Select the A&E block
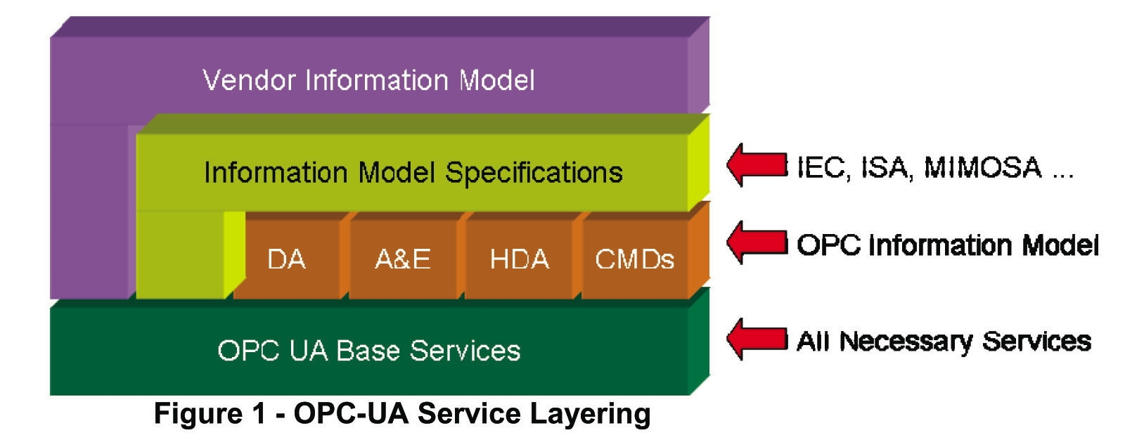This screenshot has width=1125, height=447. coord(403,259)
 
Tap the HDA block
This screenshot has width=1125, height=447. coord(519,259)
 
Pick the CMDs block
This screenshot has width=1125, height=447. coord(634,259)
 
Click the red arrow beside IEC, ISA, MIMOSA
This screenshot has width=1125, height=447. coord(756,165)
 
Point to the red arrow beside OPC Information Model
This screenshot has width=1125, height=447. coord(756,243)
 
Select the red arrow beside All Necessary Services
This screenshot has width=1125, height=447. coord(756,339)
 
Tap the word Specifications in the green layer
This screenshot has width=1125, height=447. coord(534,173)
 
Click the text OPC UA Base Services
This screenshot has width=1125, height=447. coord(369,350)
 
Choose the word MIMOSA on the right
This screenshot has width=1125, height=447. coord(982,167)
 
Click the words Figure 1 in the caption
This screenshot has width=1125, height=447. coord(210,413)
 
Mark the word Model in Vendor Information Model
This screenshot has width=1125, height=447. coord(497,80)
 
